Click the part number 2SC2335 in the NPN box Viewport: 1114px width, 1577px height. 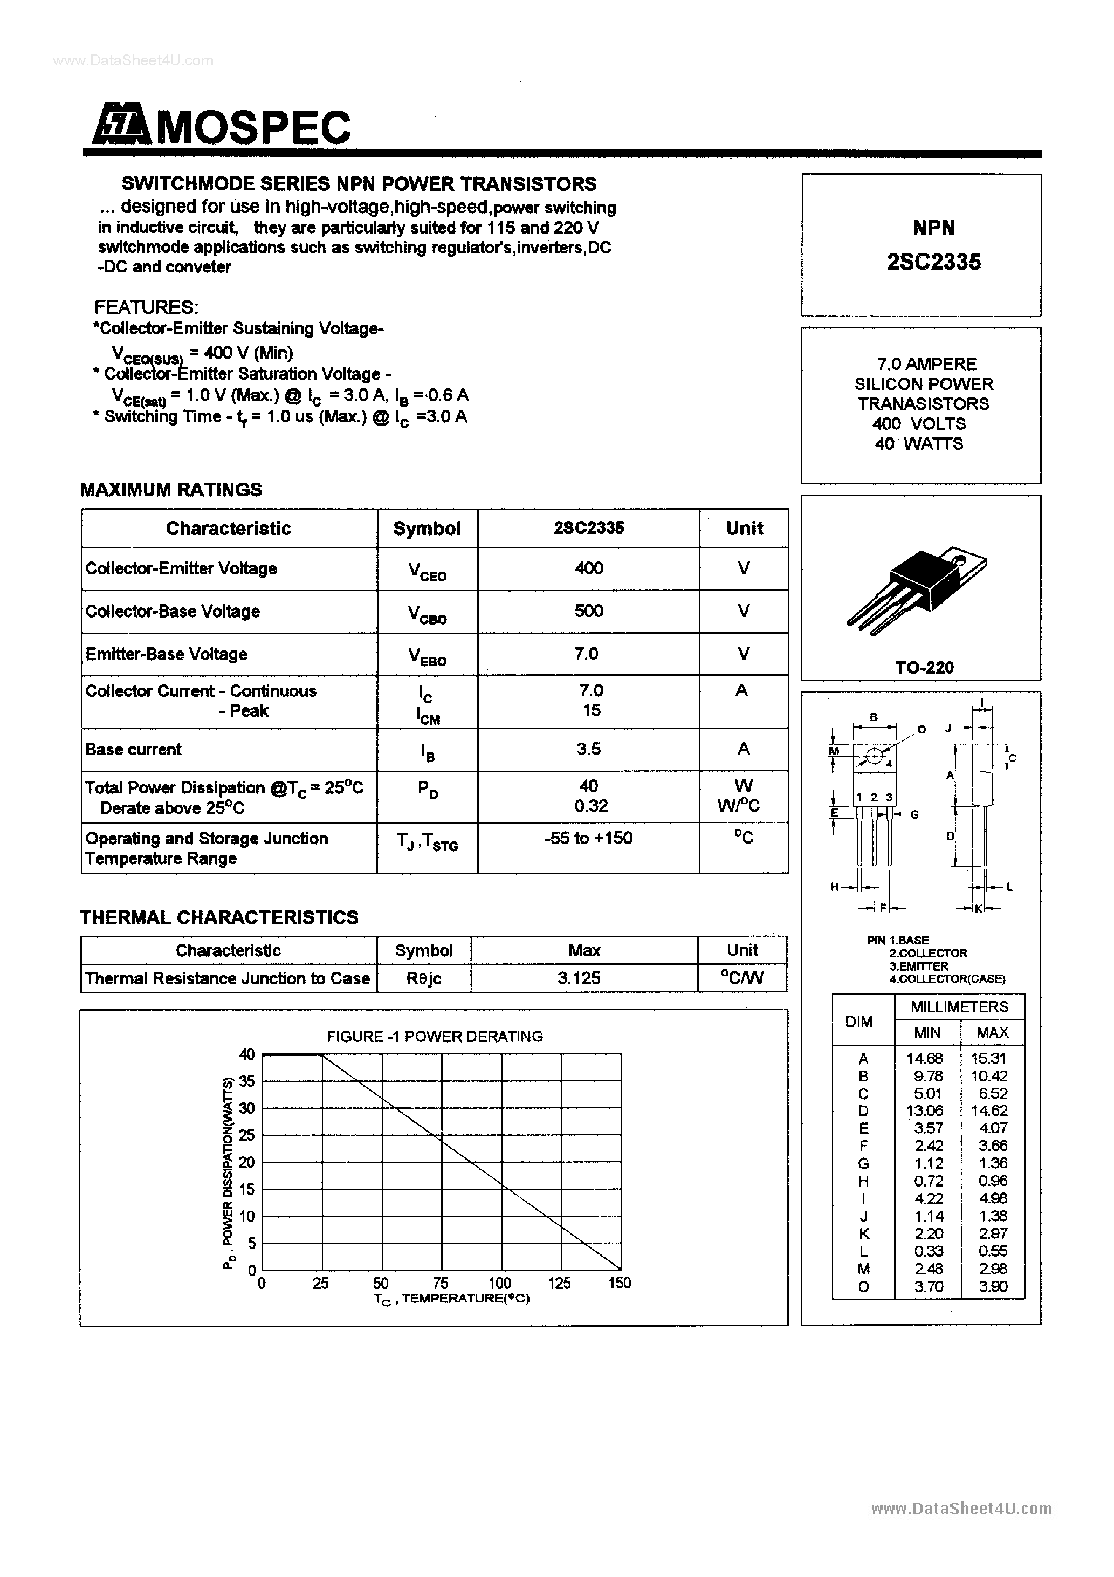pyautogui.click(x=933, y=262)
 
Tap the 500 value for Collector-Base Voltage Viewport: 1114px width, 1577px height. pyautogui.click(x=589, y=611)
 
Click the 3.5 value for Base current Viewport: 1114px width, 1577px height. pyautogui.click(x=589, y=749)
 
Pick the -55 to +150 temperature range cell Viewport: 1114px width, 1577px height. pyautogui.click(x=589, y=838)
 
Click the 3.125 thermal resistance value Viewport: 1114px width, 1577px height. pyautogui.click(x=579, y=978)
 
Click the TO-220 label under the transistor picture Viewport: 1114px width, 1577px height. pyautogui.click(x=924, y=667)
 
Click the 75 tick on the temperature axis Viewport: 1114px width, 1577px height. pyautogui.click(x=440, y=1283)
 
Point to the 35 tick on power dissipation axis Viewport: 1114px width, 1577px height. pyautogui.click(x=246, y=1081)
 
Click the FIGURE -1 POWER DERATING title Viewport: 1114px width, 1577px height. pyautogui.click(x=435, y=1036)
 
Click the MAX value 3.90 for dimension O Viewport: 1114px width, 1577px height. pyautogui.click(x=993, y=1286)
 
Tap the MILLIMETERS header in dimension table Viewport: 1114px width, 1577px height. pyautogui.click(x=959, y=1007)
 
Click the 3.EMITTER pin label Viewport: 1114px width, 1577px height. pyautogui.click(x=918, y=966)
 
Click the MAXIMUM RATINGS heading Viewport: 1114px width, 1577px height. pyautogui.click(x=171, y=490)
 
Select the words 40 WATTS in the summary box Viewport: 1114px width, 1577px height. pyautogui.click(x=919, y=444)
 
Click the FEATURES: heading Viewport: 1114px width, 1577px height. pyautogui.click(x=146, y=307)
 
